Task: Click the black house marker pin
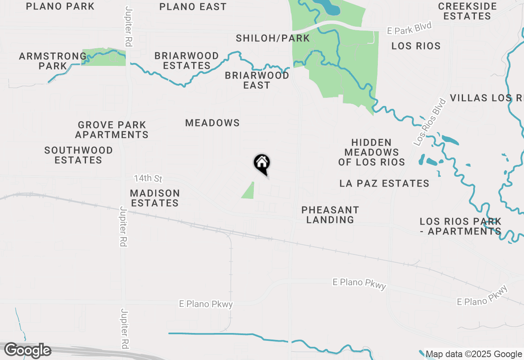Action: [262, 164]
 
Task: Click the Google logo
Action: [27, 351]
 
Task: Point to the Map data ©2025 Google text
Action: [474, 354]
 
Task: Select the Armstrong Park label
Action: [53, 61]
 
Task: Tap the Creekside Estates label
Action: [467, 11]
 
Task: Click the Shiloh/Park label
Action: [273, 38]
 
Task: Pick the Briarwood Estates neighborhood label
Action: [187, 61]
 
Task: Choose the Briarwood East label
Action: [257, 80]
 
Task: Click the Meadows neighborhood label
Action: [212, 123]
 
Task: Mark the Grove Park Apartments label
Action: [112, 130]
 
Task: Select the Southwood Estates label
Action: [79, 155]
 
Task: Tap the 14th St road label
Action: [148, 179]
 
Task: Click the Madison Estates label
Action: [155, 198]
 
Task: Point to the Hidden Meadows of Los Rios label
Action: [372, 152]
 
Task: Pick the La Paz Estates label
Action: [384, 183]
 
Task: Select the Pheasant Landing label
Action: [330, 215]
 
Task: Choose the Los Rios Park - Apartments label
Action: [461, 226]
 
